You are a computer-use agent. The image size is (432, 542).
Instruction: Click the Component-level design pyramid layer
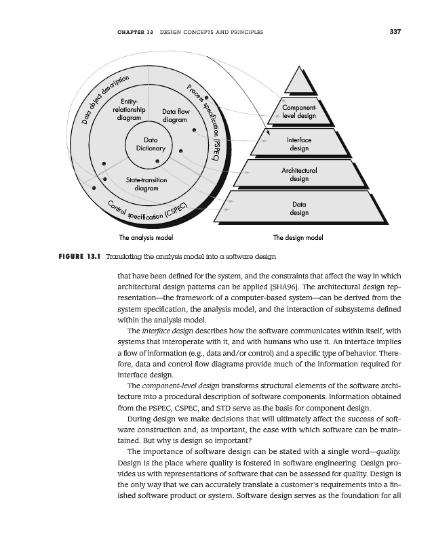299,112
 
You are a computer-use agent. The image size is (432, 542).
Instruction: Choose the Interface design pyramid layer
299,144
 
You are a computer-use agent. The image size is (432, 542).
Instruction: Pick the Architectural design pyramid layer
299,174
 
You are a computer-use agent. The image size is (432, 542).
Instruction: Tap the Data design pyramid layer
299,208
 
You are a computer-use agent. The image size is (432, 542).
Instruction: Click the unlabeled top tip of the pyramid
299,81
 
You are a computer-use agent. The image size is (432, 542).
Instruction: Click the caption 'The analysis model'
146,238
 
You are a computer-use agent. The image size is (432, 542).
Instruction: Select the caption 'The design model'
298,238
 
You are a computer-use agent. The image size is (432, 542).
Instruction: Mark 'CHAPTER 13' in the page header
134,32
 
